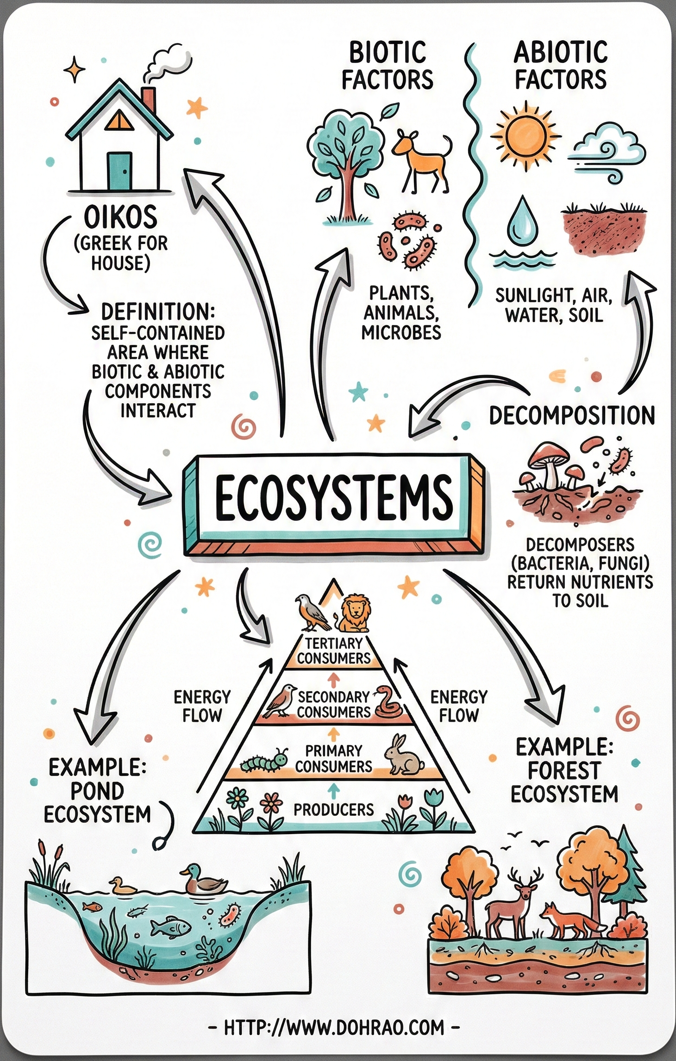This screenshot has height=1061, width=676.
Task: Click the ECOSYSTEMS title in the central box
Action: click(333, 497)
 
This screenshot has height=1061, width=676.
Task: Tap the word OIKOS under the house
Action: click(120, 218)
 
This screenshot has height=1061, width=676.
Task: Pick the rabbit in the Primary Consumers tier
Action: click(402, 756)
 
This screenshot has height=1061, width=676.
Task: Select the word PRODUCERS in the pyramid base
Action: click(333, 810)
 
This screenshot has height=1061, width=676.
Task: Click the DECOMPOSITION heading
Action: click(572, 415)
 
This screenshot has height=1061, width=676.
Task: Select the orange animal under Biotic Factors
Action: click(421, 157)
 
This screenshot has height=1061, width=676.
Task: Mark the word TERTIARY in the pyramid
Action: click(334, 643)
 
